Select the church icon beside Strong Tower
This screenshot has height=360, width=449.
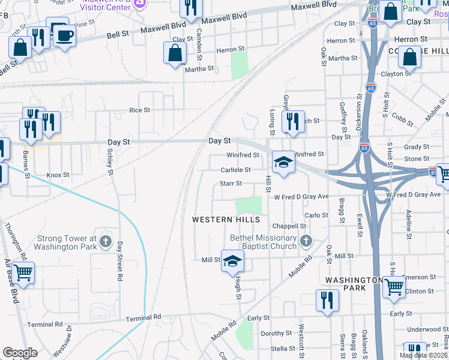click(x=106, y=242)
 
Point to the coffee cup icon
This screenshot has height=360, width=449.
click(x=64, y=35)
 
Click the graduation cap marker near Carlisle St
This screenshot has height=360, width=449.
click(x=283, y=162)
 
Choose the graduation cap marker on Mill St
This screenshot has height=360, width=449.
click(x=233, y=260)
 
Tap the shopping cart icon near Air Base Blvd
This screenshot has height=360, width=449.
click(x=23, y=273)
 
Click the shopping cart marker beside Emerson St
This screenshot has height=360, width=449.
click(x=394, y=287)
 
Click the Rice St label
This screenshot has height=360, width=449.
click(x=139, y=110)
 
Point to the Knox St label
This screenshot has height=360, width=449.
click(x=59, y=175)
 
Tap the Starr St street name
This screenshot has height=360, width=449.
click(x=231, y=184)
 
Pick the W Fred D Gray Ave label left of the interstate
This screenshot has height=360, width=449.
click(x=301, y=196)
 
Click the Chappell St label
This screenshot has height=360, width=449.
click(x=285, y=226)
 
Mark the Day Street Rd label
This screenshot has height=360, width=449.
click(x=119, y=261)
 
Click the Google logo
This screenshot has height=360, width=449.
click(x=20, y=353)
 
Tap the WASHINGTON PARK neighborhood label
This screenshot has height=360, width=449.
click(x=354, y=284)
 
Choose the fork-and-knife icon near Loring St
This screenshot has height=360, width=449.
click(x=293, y=121)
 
